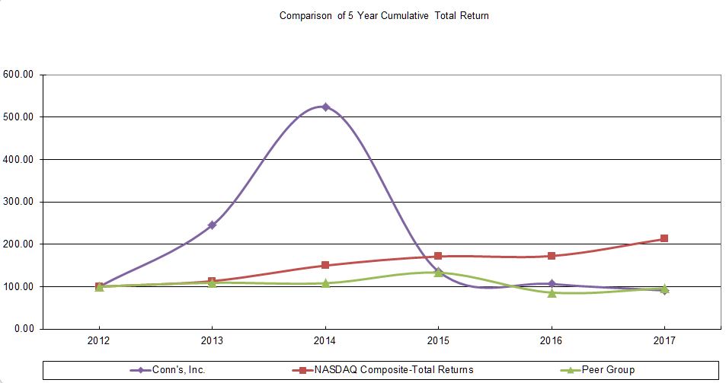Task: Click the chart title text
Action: (x=384, y=15)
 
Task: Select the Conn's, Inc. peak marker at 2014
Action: (x=325, y=107)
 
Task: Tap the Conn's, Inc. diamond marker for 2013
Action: (x=212, y=225)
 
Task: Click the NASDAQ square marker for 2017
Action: (x=664, y=238)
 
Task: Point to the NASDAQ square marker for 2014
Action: (x=325, y=265)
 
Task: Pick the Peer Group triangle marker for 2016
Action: (x=552, y=292)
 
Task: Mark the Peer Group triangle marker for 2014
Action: (x=325, y=283)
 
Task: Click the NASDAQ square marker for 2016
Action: (x=552, y=256)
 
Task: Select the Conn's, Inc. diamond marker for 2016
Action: (x=552, y=284)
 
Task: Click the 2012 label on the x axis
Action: (x=99, y=343)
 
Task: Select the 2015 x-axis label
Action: (x=438, y=343)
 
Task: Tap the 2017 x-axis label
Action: (x=664, y=343)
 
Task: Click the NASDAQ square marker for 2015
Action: (x=438, y=256)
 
